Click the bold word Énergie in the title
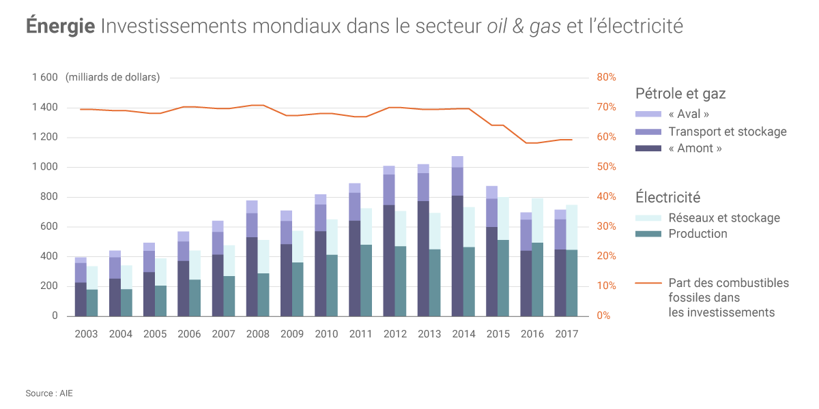coord(60,27)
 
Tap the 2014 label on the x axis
coord(463,334)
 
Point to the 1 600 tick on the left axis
coord(45,78)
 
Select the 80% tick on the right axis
coord(606,78)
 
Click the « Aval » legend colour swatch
coord(648,115)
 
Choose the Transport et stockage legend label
coord(728,132)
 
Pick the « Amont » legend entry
coord(695,148)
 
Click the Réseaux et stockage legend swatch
coord(648,218)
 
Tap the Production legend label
coord(698,234)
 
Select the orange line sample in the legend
coord(648,283)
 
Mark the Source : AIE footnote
coord(49,393)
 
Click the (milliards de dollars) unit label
coord(113,78)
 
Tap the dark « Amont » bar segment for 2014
coord(457,256)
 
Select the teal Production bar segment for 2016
coord(538,279)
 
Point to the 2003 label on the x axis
coord(86,334)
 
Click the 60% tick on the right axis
coord(606,137)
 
